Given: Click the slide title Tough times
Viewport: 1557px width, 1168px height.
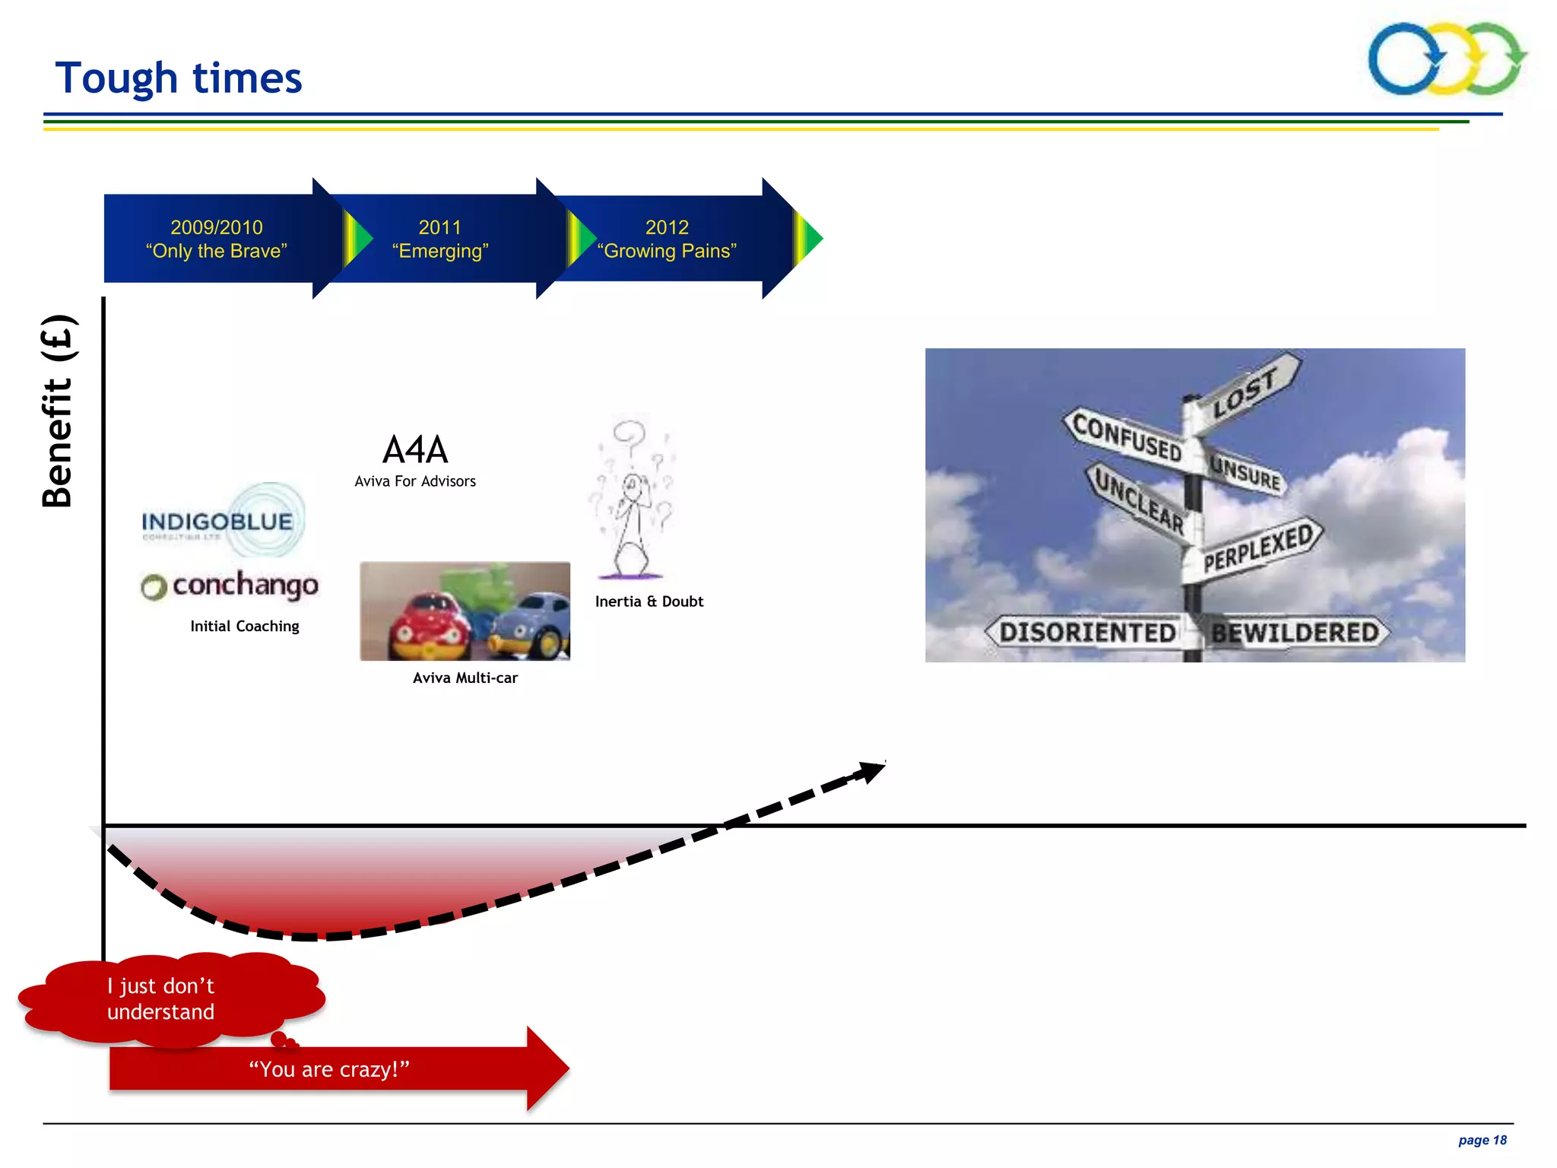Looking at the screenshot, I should coord(179,78).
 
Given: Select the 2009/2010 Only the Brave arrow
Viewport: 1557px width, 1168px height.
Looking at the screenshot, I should coord(217,239).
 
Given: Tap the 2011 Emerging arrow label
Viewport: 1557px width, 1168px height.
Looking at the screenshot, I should coord(440,239).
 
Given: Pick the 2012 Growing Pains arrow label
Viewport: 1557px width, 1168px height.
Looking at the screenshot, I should coord(667,239).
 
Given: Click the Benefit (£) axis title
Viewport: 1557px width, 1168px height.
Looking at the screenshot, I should coord(57,411).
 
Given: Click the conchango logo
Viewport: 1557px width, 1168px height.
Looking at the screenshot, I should coord(231,586).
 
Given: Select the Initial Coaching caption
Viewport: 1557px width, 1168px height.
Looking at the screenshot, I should coord(244,627).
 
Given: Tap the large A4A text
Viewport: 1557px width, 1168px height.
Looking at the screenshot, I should coord(415,449).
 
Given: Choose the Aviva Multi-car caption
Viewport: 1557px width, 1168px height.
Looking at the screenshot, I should coord(465,678).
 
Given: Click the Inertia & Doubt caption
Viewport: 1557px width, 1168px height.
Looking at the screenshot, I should coord(649,601).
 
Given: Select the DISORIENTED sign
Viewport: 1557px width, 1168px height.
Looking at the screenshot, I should coord(1087,633).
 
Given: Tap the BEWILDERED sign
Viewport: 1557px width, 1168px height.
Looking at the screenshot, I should coord(1295,633).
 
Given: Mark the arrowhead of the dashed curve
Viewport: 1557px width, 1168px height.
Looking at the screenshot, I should coord(871,771).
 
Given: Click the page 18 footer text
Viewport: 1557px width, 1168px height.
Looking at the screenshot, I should coord(1482,1140).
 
